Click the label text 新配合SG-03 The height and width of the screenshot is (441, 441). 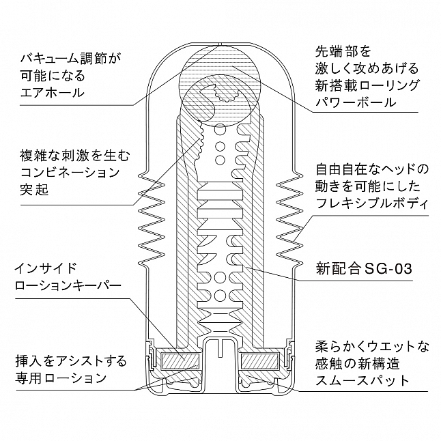[x=364, y=269]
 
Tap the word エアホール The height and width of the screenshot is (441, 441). [x=53, y=92]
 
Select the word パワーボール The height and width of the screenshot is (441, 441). [x=356, y=102]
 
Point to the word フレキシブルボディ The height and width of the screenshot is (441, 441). [x=372, y=203]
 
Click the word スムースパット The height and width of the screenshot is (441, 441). [x=362, y=380]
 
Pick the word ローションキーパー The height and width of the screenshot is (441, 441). [x=68, y=285]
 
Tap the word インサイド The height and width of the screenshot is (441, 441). [x=46, y=268]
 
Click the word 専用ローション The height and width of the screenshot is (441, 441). [x=61, y=378]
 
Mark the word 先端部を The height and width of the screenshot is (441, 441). [x=339, y=51]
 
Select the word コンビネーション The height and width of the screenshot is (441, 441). [x=70, y=173]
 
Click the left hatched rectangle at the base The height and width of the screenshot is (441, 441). [x=180, y=361]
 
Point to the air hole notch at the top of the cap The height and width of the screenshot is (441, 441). [x=220, y=44]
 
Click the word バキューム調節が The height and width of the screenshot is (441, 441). [x=70, y=59]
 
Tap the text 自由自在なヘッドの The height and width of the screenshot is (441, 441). [x=372, y=169]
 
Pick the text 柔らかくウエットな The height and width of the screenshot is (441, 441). [x=372, y=347]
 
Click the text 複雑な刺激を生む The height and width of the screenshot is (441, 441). [x=75, y=155]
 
